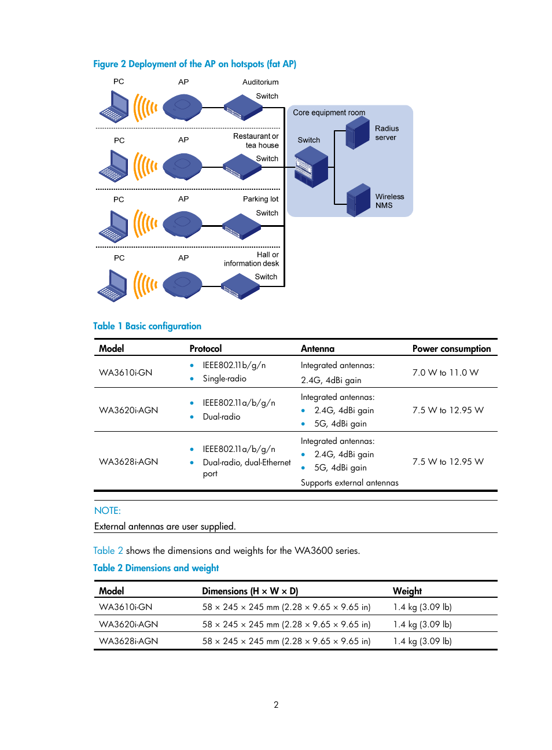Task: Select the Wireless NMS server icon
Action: pyautogui.click(x=359, y=200)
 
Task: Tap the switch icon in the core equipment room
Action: pyautogui.click(x=311, y=167)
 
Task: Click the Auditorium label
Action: pyautogui.click(x=260, y=82)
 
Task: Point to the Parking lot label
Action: pyautogui.click(x=260, y=199)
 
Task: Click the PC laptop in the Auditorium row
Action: pyautogui.click(x=114, y=107)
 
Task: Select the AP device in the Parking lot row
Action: pyautogui.click(x=182, y=224)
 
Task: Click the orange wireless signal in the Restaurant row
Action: pyautogui.click(x=145, y=166)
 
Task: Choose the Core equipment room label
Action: pyautogui.click(x=329, y=113)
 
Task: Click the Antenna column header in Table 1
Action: pyautogui.click(x=317, y=348)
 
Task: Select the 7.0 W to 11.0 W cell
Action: pyautogui.click(x=445, y=373)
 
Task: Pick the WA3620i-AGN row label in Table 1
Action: pyautogui.click(x=128, y=410)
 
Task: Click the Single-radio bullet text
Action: pyautogui.click(x=225, y=378)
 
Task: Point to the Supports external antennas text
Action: pyautogui.click(x=349, y=483)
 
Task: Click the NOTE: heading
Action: pyautogui.click(x=108, y=510)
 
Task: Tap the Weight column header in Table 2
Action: pyautogui.click(x=407, y=591)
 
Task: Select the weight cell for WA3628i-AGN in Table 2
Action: pyautogui.click(x=422, y=641)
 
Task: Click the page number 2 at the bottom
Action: pyautogui.click(x=276, y=704)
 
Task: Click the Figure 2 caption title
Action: pyautogui.click(x=194, y=64)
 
